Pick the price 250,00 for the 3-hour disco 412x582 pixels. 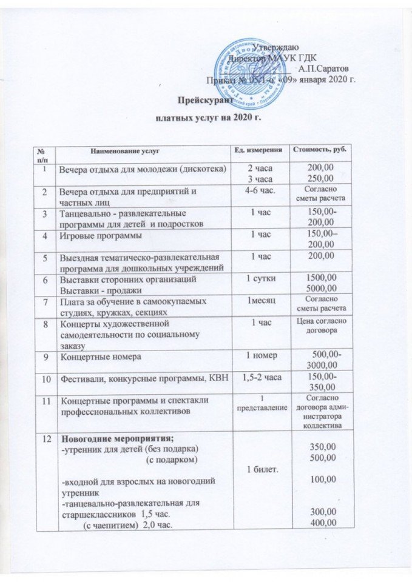[x=322, y=178]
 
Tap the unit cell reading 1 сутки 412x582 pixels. [x=260, y=279]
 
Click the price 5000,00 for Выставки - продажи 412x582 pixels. [x=322, y=289]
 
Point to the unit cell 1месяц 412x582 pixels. [x=260, y=301]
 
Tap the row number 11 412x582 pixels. [x=46, y=401]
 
